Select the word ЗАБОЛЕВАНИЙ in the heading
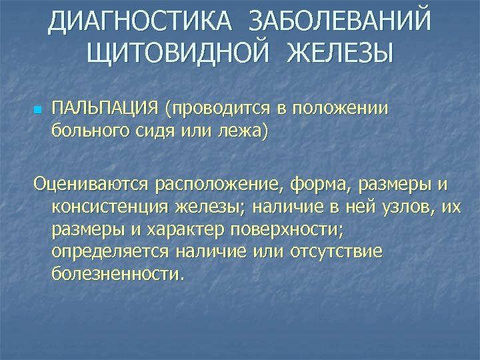(x=339, y=24)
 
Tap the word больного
(x=87, y=130)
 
